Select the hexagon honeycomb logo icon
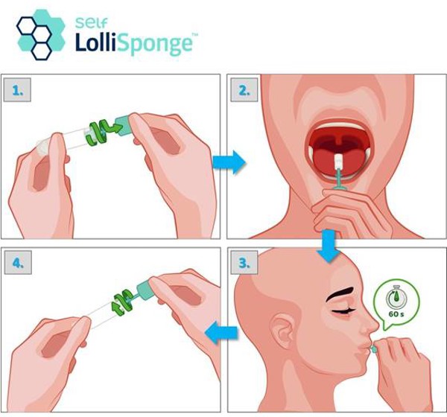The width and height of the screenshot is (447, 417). pos(41,34)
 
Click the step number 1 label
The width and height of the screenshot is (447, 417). pos(17,90)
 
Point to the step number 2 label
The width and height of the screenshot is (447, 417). pos(244,90)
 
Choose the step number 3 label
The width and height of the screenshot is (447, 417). pos(244,263)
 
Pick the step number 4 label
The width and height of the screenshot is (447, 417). pos(18,263)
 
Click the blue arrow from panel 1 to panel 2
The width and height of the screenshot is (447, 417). pos(229,162)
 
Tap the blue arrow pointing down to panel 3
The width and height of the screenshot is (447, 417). pos(329,246)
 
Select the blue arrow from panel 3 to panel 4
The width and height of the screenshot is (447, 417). pos(221,332)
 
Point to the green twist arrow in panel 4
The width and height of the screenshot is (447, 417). pos(123,303)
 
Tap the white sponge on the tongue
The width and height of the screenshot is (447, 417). pos(338,161)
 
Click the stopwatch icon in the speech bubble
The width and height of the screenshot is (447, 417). pos(396,297)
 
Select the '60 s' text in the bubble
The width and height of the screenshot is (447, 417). pos(396,314)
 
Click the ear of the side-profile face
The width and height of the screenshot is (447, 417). pos(283,331)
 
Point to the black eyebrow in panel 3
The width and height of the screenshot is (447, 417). pos(340,294)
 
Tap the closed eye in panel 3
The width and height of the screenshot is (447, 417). pos(343,311)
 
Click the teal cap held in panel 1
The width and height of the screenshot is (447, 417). pos(123,125)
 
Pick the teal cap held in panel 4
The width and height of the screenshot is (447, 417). pos(146,290)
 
